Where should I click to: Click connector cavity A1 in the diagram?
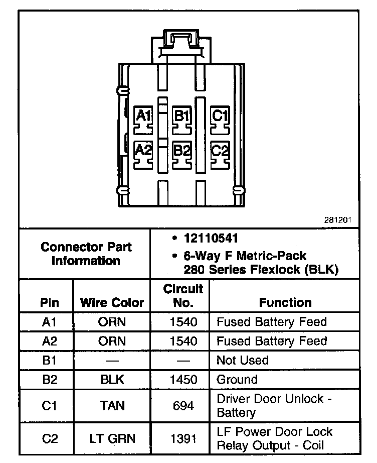144,119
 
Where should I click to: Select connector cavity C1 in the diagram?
220,119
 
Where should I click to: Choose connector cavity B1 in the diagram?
181,119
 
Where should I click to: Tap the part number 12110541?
211,239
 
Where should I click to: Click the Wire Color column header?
112,302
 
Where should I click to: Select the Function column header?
285,302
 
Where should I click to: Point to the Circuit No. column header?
183,296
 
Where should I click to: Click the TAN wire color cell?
112,405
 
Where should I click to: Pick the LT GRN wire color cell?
112,438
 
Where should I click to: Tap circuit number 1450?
183,380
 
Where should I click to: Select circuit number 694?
183,405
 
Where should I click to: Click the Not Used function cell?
242,360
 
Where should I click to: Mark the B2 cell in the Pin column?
50,380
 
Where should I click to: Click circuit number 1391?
183,438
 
